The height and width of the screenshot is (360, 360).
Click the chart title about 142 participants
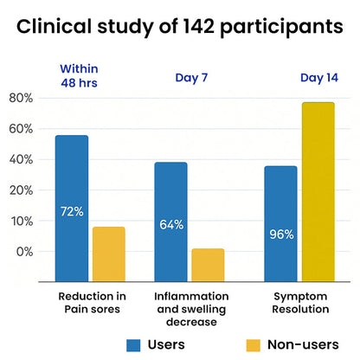point(180,27)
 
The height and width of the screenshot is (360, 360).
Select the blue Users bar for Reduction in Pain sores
point(72,209)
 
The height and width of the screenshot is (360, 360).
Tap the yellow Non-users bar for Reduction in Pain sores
point(109,254)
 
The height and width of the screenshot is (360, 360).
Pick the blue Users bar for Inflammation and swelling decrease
point(170,222)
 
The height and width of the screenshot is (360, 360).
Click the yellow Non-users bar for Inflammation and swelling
point(208,265)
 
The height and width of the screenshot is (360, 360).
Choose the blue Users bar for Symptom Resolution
point(280,224)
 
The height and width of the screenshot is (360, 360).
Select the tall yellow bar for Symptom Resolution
point(318,192)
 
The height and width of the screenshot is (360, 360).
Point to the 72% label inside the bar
point(72,211)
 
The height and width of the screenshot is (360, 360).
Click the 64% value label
point(171,225)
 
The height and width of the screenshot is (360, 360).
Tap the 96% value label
point(281,235)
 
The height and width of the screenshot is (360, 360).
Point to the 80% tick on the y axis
point(21,98)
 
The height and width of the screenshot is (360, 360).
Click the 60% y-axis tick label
point(21,129)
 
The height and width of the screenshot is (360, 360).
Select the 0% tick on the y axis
point(24,252)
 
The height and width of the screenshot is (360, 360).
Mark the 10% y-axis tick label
point(21,222)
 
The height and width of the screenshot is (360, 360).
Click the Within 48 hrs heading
point(79,76)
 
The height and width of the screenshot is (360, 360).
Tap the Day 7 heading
point(191,78)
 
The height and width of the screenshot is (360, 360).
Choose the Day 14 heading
point(319,78)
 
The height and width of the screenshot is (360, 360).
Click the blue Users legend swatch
point(133,345)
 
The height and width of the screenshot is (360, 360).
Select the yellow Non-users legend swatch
point(254,345)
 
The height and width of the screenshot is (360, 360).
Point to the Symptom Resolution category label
point(300,303)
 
